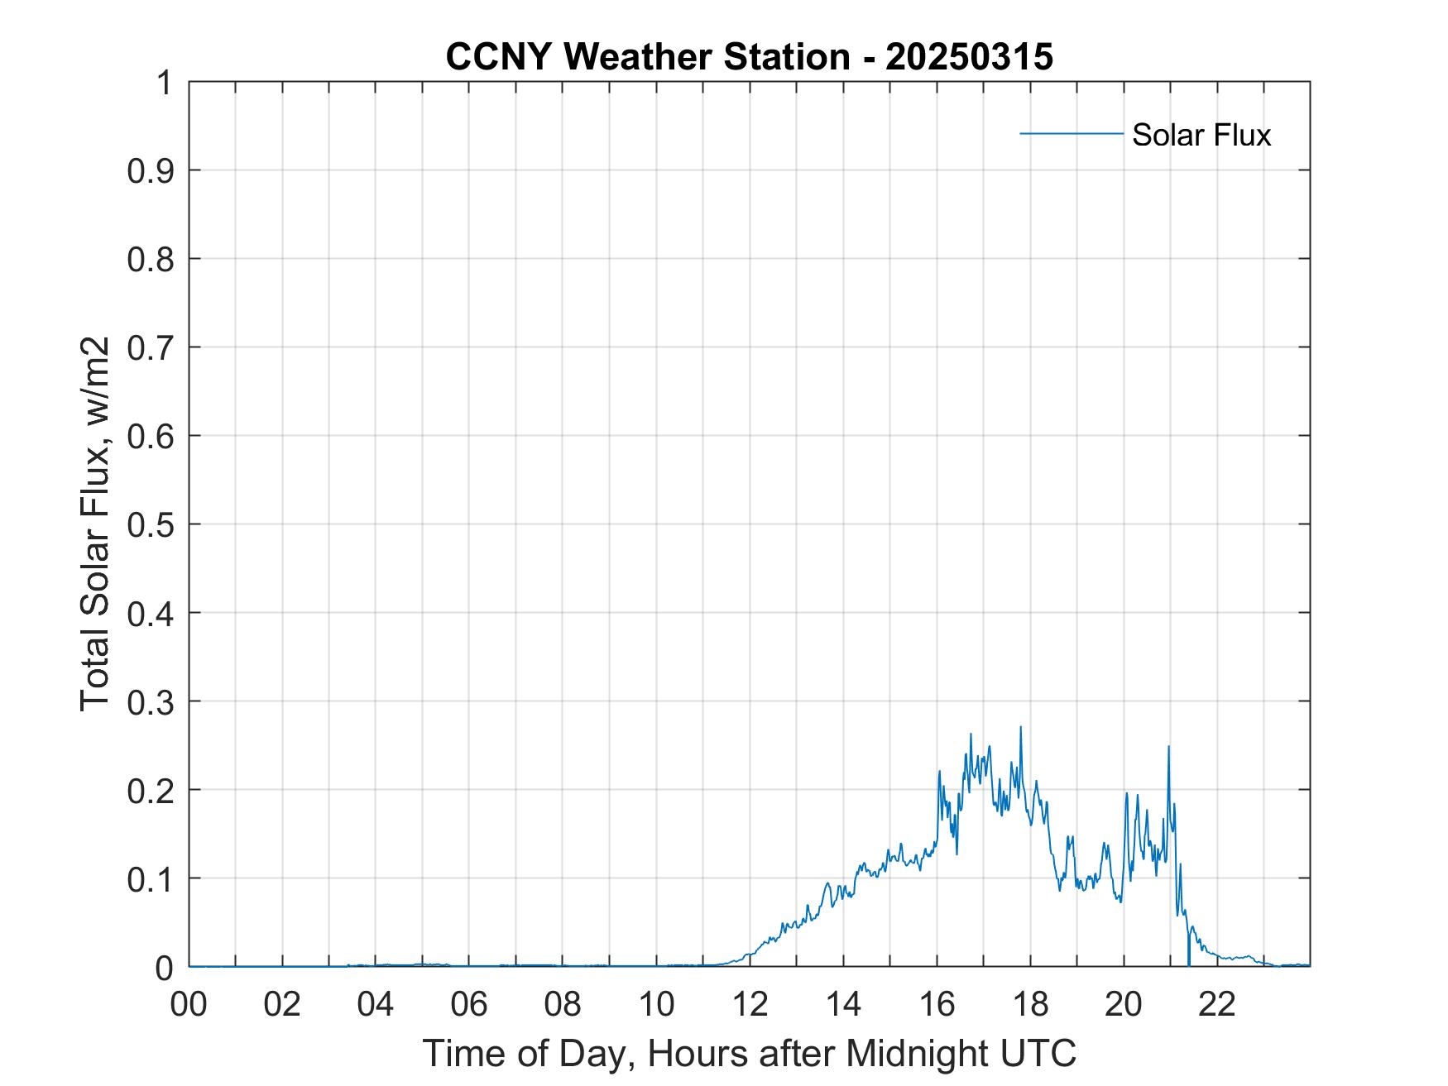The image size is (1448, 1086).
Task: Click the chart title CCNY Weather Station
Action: tap(647, 57)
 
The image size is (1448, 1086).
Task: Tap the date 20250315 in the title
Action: tap(969, 57)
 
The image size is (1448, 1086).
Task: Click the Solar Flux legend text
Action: tap(1201, 134)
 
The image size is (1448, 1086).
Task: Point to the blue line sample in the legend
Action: tap(1071, 133)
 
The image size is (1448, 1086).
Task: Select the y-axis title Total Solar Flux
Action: tap(95, 524)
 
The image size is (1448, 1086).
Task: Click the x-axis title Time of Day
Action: tap(749, 1054)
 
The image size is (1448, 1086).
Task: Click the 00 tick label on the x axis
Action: tap(189, 1005)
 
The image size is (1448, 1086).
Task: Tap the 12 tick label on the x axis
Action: tap(750, 1005)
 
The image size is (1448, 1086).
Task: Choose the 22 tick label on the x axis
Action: tap(1217, 1005)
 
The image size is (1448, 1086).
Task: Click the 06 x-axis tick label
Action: tap(469, 1005)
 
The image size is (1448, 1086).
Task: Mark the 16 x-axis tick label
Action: tap(937, 1005)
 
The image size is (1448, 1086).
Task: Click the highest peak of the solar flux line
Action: tap(1020, 728)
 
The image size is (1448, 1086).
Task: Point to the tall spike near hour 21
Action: tap(1168, 748)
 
